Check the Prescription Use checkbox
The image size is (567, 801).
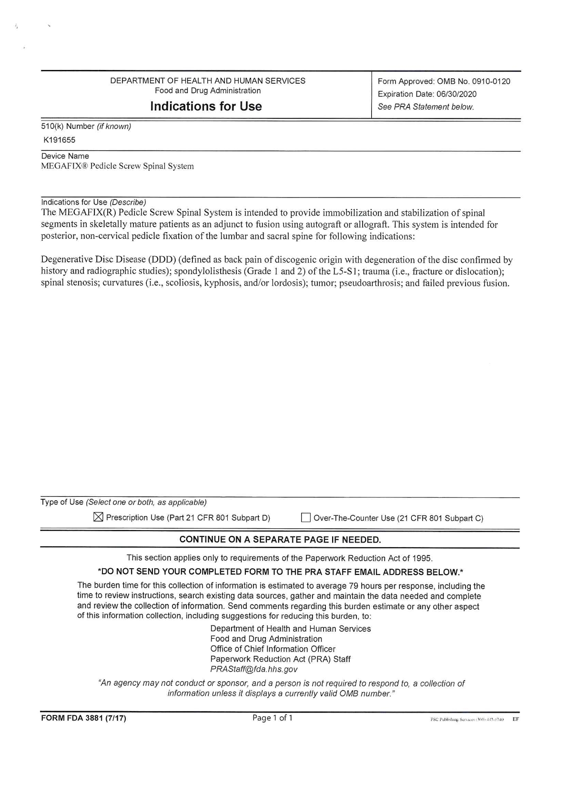click(98, 517)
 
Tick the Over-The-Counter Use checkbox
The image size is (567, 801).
click(305, 518)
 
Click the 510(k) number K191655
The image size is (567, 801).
click(60, 140)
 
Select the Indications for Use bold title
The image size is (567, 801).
click(206, 106)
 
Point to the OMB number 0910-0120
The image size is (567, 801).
click(491, 81)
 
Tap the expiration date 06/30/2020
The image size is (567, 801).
click(456, 94)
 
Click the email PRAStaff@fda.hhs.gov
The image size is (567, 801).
click(253, 669)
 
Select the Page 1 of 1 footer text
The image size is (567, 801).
click(273, 718)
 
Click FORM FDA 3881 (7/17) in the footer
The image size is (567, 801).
click(84, 718)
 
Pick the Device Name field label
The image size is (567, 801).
click(65, 156)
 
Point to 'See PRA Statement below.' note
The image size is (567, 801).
click(426, 107)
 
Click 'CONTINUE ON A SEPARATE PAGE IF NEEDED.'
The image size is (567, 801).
click(280, 540)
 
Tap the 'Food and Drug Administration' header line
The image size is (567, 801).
click(208, 91)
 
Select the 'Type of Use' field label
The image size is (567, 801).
click(62, 502)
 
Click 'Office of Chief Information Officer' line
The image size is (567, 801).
click(273, 649)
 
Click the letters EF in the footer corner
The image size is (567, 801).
click(516, 719)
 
